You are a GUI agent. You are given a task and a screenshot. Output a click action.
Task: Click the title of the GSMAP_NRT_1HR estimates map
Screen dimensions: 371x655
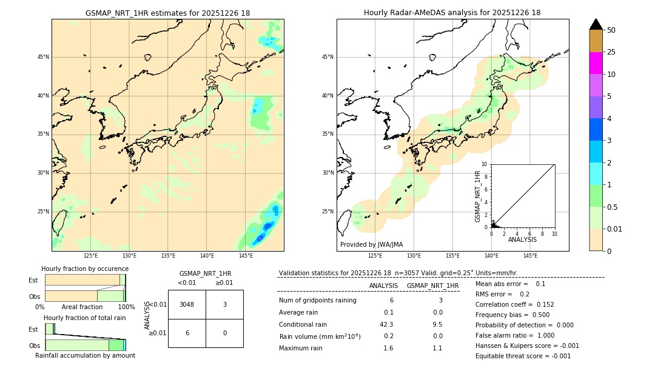click(167, 13)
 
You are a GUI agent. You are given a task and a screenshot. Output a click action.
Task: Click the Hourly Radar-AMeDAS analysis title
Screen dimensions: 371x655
click(452, 13)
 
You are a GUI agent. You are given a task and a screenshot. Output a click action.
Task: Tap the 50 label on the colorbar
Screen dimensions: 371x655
click(611, 30)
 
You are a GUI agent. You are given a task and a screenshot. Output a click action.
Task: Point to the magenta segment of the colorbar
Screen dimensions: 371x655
click(596, 63)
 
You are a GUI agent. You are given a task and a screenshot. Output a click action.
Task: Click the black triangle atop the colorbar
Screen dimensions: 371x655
click(596, 24)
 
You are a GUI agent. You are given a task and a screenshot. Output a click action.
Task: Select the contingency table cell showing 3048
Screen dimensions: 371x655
click(187, 304)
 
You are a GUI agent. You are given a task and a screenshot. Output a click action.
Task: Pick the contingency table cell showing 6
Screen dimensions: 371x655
click(187, 333)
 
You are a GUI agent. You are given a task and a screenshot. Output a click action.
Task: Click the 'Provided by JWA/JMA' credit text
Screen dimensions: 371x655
click(371, 244)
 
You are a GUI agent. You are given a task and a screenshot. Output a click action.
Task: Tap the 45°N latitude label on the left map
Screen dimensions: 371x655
click(43, 57)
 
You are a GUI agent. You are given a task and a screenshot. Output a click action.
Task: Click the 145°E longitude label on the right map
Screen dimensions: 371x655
click(530, 256)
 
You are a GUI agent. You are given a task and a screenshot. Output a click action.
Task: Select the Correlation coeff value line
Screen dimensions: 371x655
click(514, 304)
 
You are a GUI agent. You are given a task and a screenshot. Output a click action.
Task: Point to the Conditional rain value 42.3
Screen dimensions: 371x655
click(386, 324)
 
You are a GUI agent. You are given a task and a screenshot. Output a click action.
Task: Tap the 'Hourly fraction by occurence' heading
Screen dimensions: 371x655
click(85, 269)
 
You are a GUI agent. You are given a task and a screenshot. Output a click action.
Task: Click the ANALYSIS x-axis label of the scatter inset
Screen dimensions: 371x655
click(522, 239)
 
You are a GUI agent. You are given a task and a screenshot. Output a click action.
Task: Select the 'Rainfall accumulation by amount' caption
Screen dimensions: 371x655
click(85, 355)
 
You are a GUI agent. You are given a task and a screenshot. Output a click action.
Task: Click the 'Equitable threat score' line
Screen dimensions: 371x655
click(523, 356)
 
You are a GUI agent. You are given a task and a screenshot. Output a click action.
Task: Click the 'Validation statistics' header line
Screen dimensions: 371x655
click(398, 273)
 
